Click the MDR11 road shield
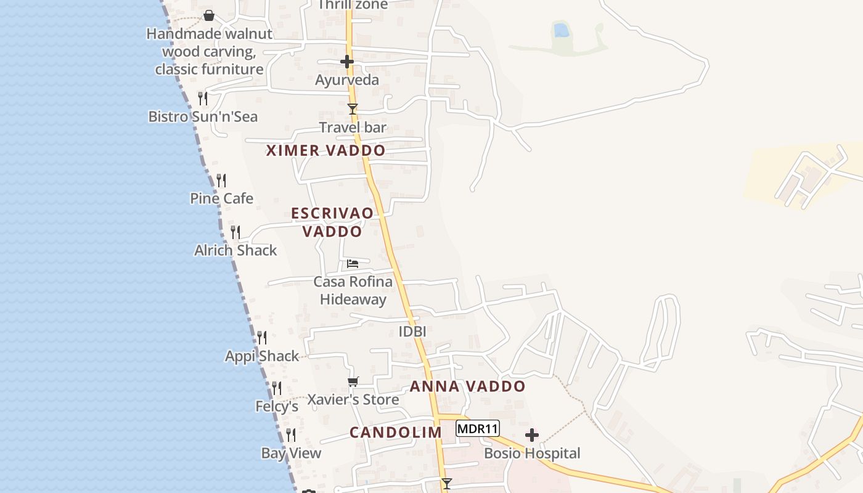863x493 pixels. tap(478, 428)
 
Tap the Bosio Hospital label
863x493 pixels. tap(532, 454)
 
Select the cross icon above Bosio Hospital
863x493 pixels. tap(532, 436)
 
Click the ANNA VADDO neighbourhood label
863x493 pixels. tap(468, 386)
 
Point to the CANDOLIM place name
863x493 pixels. tap(396, 433)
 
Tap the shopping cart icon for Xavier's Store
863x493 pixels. tap(353, 381)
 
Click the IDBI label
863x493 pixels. tap(412, 332)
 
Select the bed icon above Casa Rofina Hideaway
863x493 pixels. tap(353, 264)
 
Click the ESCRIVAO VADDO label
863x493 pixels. tap(332, 222)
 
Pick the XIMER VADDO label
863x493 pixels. tap(325, 150)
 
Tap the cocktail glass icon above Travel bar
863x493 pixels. tap(353, 110)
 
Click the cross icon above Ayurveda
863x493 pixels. tap(347, 62)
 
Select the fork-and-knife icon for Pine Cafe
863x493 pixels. tap(221, 181)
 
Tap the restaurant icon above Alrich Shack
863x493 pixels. tap(235, 232)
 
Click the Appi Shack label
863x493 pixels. tap(262, 356)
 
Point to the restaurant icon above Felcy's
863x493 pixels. tap(277, 388)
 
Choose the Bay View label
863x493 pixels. tap(291, 454)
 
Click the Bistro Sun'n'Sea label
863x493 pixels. tap(203, 116)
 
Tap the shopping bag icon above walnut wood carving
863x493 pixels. tap(209, 15)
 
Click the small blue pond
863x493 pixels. tap(561, 29)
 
